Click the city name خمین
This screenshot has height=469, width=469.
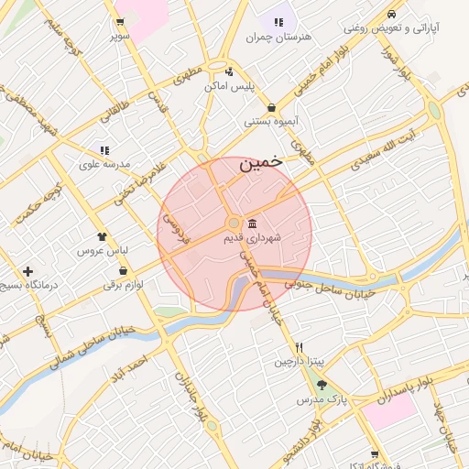(x=260, y=165)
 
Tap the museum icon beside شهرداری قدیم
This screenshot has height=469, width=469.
(x=252, y=224)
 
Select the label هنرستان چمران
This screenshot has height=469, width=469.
(x=279, y=37)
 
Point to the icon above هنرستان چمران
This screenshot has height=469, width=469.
(x=278, y=21)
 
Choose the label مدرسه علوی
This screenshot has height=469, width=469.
(x=105, y=163)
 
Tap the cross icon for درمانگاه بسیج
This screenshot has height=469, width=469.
(x=28, y=272)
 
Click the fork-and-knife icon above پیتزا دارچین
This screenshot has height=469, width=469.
(x=299, y=348)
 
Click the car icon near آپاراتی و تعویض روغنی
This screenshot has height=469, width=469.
(x=391, y=14)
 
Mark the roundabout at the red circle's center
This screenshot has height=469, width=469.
(x=234, y=223)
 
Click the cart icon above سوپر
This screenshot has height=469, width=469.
(x=120, y=22)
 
